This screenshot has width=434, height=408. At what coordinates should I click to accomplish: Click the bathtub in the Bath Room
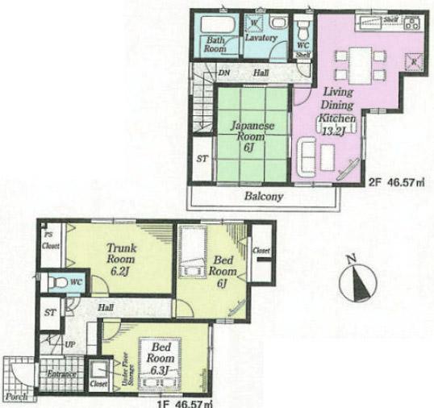215,24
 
